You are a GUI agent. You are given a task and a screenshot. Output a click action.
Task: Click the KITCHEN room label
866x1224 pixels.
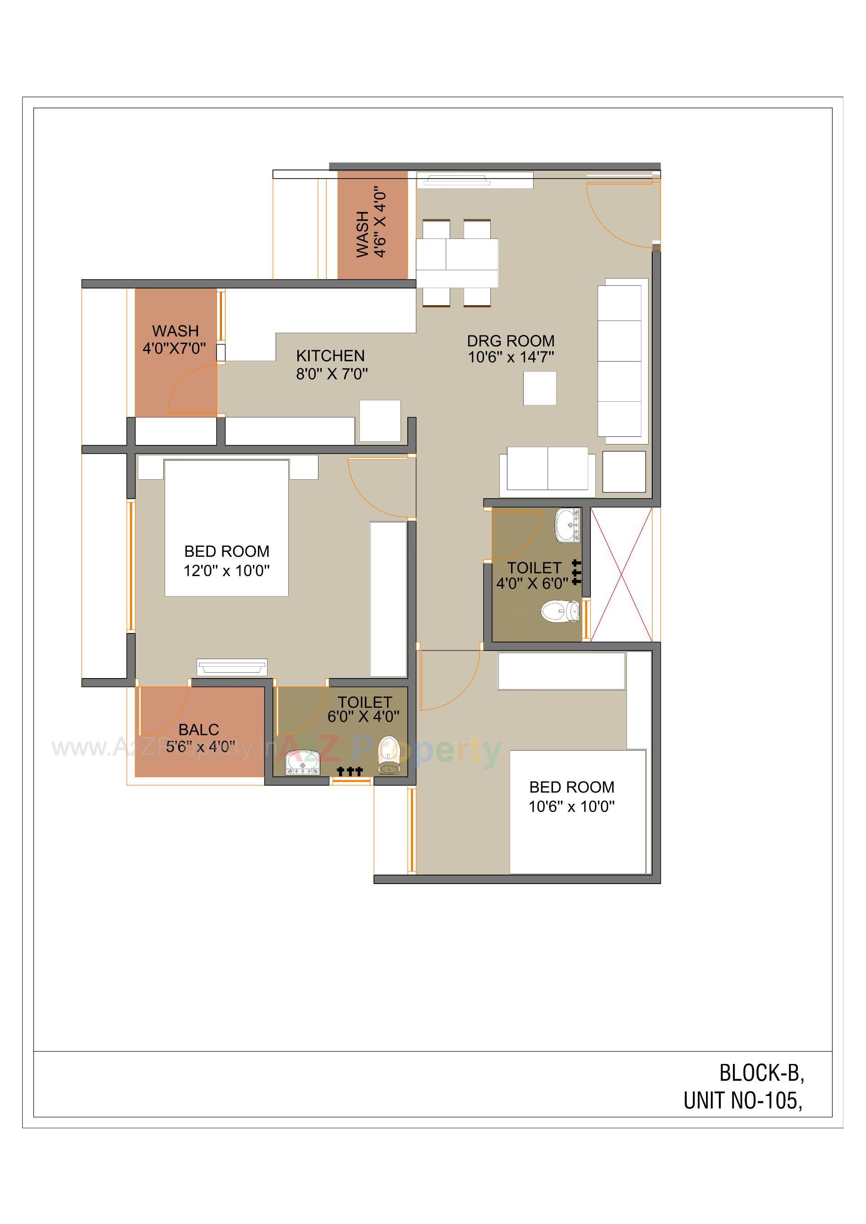(x=330, y=356)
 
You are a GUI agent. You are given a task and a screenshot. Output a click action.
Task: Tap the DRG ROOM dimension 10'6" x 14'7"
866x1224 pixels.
(x=511, y=357)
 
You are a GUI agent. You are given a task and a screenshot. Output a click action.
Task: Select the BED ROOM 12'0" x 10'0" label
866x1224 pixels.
(x=226, y=561)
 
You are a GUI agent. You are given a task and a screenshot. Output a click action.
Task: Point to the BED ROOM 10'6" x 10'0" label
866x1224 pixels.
(x=571, y=797)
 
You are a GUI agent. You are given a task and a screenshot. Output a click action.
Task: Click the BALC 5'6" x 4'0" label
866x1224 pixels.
(x=199, y=738)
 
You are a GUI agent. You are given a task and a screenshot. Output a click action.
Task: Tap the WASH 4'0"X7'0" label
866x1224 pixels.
(x=175, y=339)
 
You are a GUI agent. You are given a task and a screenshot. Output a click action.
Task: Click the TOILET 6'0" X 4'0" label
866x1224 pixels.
(x=364, y=710)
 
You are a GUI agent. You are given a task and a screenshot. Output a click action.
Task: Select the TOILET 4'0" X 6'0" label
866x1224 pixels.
(x=533, y=576)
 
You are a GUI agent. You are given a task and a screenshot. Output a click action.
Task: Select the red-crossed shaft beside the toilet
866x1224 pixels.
(x=621, y=575)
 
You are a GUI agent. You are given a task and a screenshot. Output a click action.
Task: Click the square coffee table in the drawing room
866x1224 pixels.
(x=539, y=389)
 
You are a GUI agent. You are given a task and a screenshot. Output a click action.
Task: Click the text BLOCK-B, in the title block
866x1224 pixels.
(x=761, y=1073)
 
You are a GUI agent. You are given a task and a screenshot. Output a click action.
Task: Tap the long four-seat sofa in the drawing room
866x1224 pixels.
(x=620, y=361)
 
